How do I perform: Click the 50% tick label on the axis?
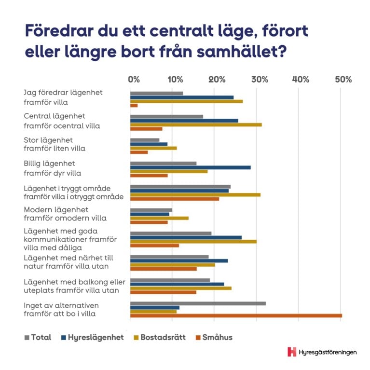coord(344,79)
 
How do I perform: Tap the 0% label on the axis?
coord(134,79)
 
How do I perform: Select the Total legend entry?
coord(38,337)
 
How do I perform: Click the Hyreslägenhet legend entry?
coord(92,337)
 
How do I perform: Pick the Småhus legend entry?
coord(214,337)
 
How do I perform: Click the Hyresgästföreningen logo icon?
coord(291,352)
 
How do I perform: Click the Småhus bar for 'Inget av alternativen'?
coord(236,316)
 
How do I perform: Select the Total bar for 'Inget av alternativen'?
coord(198,303)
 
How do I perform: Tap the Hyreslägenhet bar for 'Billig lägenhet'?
coord(190,167)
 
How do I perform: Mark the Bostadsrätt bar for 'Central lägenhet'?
coord(196,124)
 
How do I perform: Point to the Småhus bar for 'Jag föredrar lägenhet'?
coord(134,105)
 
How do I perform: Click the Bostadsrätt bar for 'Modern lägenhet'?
coord(159,218)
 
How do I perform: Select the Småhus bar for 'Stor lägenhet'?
coord(139,152)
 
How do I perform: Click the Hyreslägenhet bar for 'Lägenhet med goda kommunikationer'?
coord(186,237)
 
